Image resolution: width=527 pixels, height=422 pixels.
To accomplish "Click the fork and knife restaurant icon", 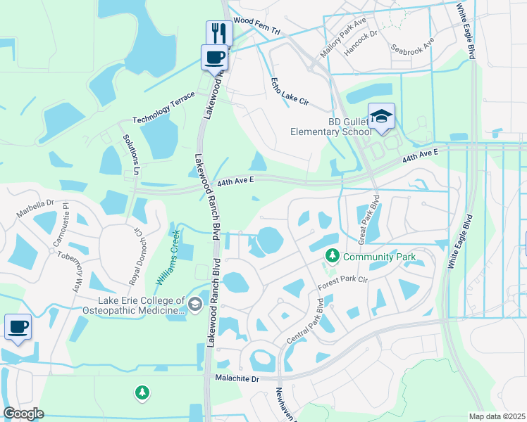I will coord(219,33).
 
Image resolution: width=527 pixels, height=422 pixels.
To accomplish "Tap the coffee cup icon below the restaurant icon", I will coord(214,56).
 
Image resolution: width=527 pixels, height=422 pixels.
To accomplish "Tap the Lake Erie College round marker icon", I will coord(195,305).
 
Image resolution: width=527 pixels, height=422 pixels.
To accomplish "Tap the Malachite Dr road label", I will coord(236,378).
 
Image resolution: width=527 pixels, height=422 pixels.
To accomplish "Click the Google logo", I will coord(24,414).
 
